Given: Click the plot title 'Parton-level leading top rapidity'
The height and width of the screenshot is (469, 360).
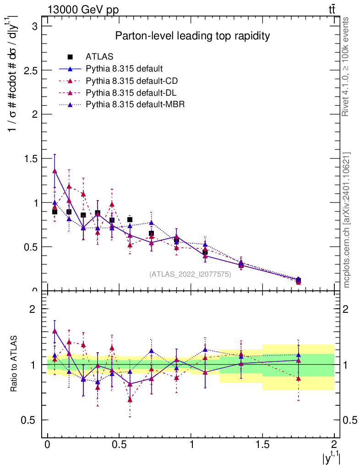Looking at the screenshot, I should pos(192,36).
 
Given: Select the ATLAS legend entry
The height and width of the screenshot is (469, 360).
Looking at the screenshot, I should pos(99,57).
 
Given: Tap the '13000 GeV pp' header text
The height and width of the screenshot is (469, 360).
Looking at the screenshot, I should pos(83,10).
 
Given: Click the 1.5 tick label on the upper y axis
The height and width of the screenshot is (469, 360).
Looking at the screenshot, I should pos(30,158).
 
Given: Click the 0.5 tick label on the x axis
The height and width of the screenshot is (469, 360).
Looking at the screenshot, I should pos(119,445).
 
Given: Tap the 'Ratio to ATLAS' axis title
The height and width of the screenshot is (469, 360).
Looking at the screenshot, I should pos(15,365).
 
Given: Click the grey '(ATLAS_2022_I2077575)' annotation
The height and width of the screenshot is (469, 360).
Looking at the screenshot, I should pos(190,274).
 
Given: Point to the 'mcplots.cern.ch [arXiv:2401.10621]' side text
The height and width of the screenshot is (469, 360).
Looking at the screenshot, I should pos(347,220).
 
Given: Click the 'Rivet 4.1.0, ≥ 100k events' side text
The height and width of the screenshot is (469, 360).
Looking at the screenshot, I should pos(347,66).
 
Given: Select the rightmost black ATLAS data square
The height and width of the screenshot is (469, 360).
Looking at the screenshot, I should pos(298,281).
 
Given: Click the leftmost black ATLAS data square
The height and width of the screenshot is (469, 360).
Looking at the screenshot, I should pos(55,212).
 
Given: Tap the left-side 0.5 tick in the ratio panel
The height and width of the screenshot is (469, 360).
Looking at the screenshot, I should pos(30,420).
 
